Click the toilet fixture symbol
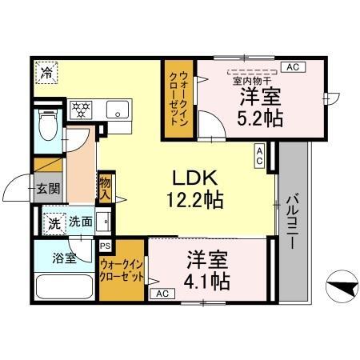click(48, 125)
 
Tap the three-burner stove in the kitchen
click(81, 110)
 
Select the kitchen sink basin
click(118, 110)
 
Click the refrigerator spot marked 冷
click(46, 73)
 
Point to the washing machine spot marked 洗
click(54, 224)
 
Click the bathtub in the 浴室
click(64, 286)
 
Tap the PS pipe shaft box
click(106, 246)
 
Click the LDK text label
click(194, 178)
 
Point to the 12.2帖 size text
click(195, 200)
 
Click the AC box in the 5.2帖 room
click(293, 67)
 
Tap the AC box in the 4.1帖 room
click(162, 294)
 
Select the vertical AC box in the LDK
click(259, 156)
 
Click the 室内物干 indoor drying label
click(252, 81)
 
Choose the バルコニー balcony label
click(293, 221)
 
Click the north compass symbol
click(342, 286)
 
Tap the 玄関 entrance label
click(48, 189)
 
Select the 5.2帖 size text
click(260, 118)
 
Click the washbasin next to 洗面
click(103, 222)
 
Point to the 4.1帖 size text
click(206, 282)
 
